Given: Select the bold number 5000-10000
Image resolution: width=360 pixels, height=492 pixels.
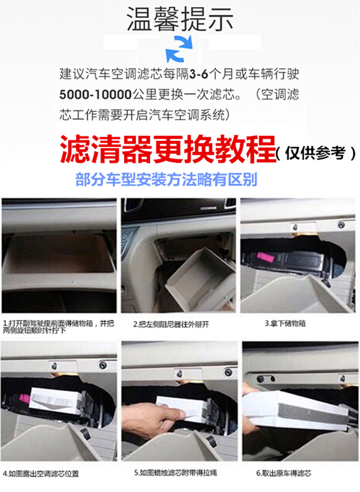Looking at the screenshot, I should [95, 94].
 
